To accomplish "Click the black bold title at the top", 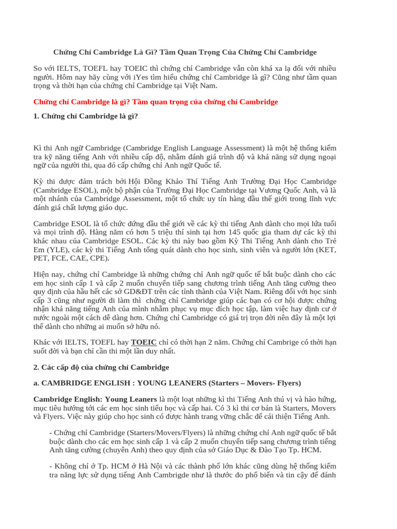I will tap(185, 52).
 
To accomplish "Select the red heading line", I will tap(156, 102).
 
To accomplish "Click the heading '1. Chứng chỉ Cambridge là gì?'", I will tap(86, 116).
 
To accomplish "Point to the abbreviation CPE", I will tap(98, 258).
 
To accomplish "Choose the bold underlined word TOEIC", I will tap(144, 342).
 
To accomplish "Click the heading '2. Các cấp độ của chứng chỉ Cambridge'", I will tap(101, 367).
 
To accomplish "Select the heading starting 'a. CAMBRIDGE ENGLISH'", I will tap(167, 383).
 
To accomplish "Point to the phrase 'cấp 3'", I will tap(42, 300).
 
